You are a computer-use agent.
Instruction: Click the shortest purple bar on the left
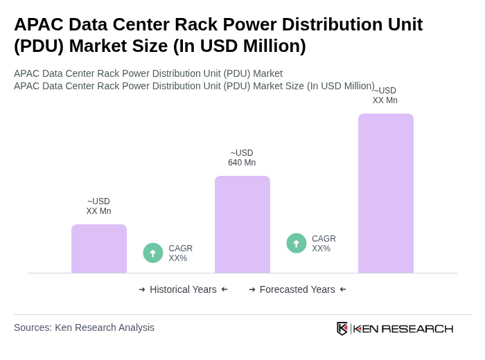click(99, 249)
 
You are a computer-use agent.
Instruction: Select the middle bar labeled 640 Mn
click(242, 224)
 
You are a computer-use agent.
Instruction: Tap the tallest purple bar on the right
click(385, 193)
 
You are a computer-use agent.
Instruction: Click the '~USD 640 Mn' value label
click(242, 158)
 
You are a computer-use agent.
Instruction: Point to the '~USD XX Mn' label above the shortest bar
click(98, 206)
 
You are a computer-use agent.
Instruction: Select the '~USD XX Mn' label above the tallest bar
click(385, 96)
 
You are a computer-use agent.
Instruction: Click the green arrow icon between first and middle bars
click(153, 253)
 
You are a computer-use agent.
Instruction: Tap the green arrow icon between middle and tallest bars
click(297, 243)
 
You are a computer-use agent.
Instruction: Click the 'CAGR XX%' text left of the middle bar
click(180, 253)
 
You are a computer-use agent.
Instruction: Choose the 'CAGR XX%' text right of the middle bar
click(324, 244)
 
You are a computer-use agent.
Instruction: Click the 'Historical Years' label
click(183, 289)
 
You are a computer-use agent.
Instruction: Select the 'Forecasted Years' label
click(297, 289)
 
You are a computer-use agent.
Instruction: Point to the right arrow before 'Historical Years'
click(142, 289)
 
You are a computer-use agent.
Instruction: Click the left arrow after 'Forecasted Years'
click(343, 289)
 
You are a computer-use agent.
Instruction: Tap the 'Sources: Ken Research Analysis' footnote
click(84, 327)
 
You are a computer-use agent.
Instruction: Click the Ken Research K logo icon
click(342, 328)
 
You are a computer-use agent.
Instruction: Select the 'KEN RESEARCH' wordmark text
click(403, 328)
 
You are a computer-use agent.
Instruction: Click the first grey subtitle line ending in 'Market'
click(148, 73)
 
